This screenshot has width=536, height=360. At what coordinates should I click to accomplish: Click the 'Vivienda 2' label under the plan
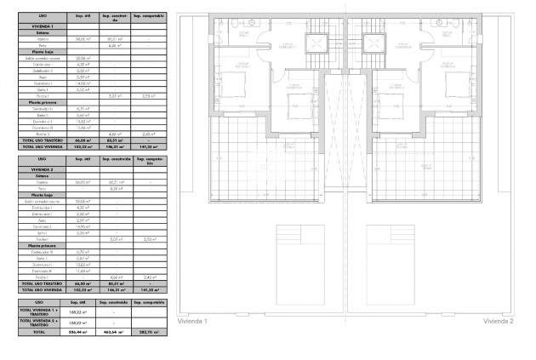[498, 321]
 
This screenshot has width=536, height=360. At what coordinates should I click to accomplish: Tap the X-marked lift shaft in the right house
[372, 44]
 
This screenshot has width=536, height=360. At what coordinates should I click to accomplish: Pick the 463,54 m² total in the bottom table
[113, 332]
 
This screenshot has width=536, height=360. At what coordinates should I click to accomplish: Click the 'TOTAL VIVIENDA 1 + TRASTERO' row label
[38, 312]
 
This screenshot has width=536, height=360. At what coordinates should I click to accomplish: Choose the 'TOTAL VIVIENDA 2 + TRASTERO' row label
[38, 323]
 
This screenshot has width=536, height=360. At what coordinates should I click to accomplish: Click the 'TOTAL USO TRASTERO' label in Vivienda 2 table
[38, 284]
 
